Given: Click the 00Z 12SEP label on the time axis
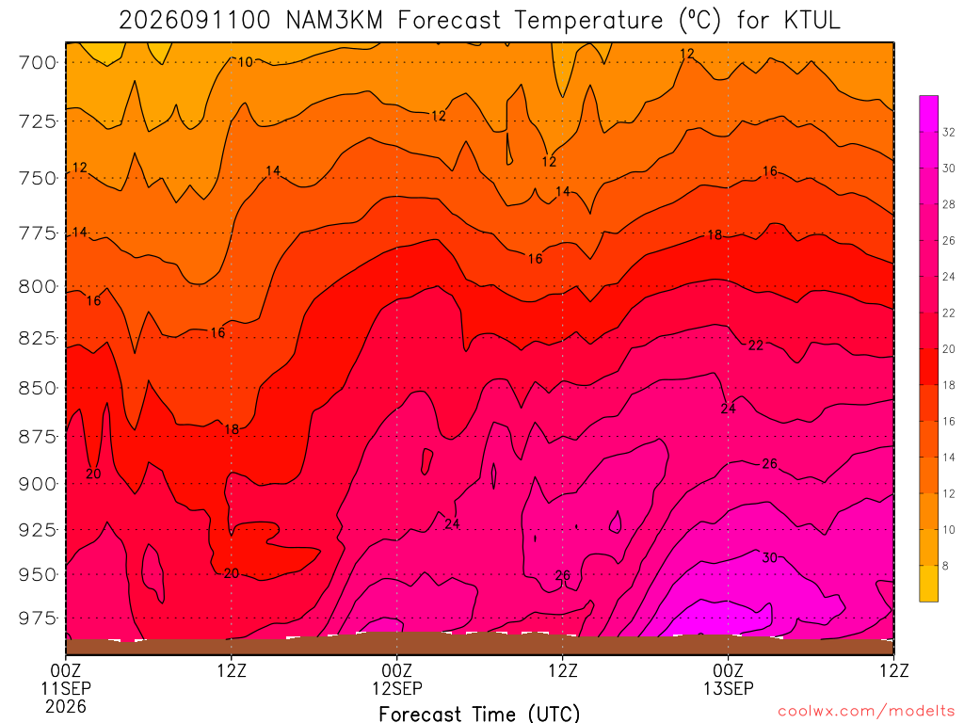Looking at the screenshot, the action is (397, 679).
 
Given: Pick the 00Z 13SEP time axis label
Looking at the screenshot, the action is (729, 679).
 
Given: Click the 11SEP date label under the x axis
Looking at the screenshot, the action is (66, 688).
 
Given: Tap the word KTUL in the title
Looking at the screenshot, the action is (811, 21).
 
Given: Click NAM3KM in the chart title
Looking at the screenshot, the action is (334, 21).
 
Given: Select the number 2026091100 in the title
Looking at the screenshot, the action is (194, 21).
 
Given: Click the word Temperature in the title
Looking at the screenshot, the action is (589, 21).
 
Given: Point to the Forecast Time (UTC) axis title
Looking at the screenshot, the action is (479, 714).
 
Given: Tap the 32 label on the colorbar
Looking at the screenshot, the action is (949, 132).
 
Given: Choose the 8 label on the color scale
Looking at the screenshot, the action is (945, 566).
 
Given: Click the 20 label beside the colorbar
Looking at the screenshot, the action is (949, 349).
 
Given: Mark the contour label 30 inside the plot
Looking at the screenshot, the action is (770, 557).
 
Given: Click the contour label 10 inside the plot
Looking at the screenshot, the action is (246, 61).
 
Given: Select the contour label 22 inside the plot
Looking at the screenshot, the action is (756, 345).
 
